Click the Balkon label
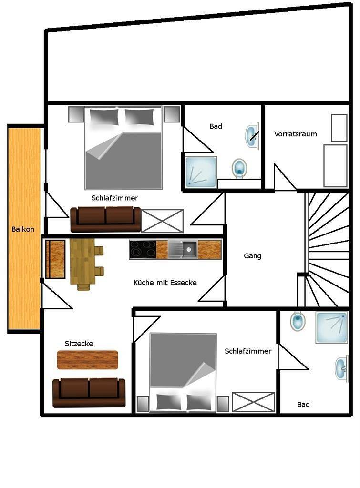23,229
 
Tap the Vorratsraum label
295,134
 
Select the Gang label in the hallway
252,256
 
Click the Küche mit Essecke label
165,283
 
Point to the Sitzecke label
79,343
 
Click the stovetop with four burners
143,250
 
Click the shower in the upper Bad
201,173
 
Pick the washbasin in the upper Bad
251,135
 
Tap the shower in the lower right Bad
332,327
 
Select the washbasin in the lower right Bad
341,368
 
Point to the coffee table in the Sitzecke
87,360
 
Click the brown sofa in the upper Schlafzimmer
106,219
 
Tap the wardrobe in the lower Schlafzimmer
254,402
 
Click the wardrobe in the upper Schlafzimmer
162,221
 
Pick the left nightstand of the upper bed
76,114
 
